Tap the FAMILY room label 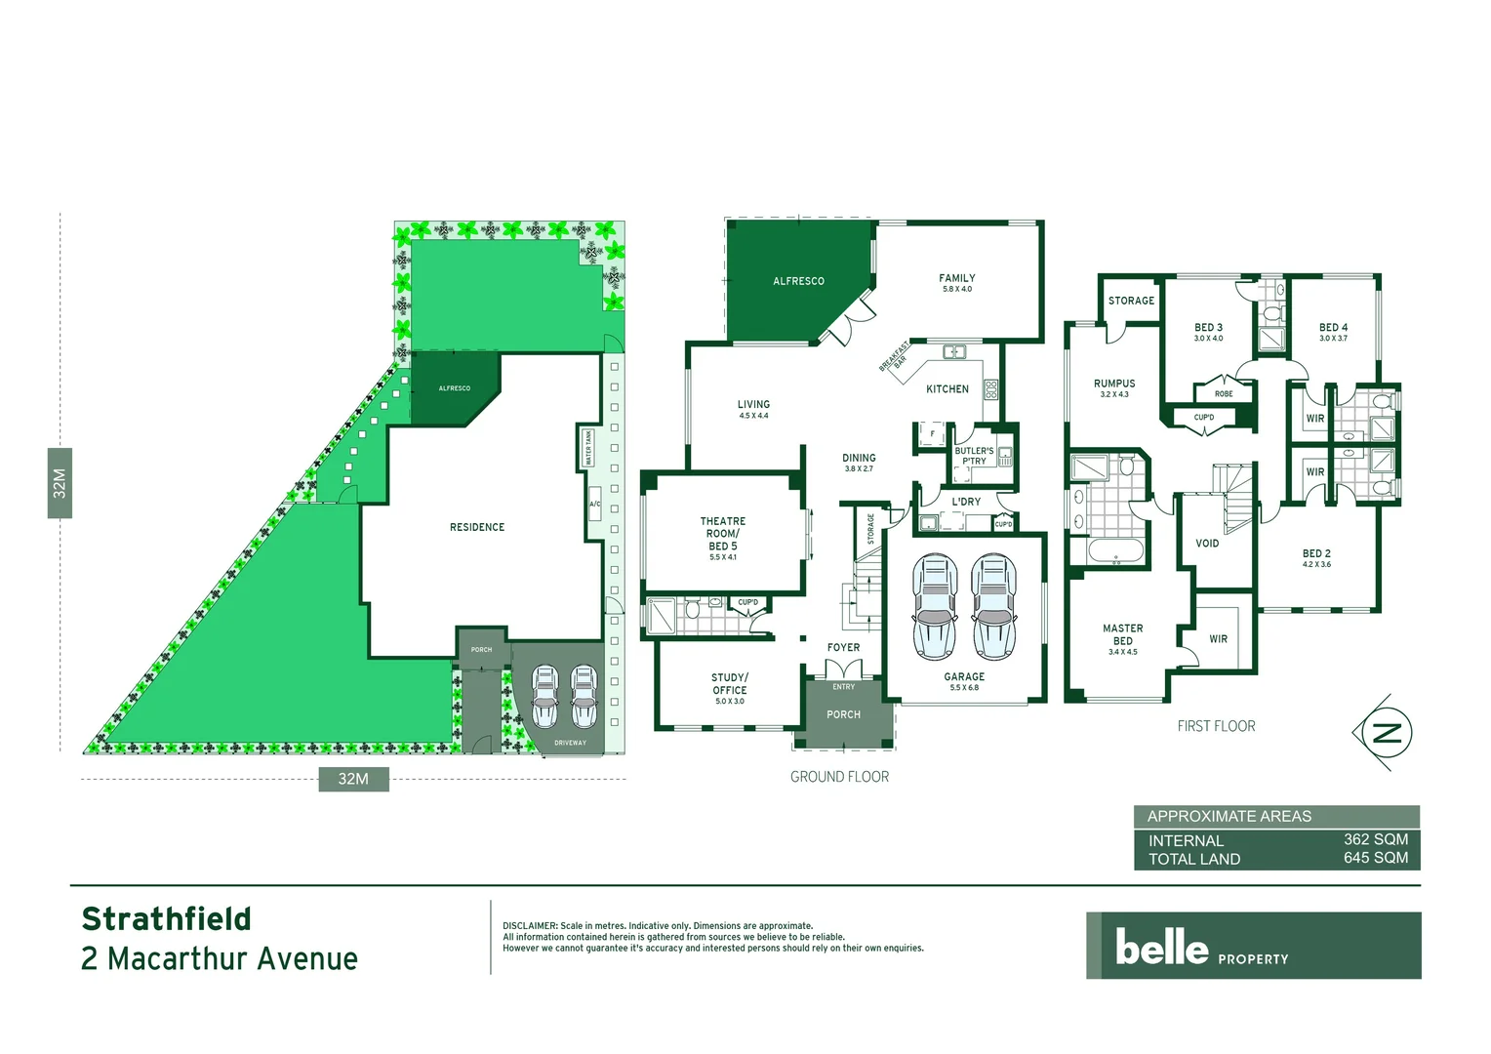tap(956, 279)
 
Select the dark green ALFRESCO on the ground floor tap(798, 281)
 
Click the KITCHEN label tap(947, 389)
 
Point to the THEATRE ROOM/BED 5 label tap(723, 534)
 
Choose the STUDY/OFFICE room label tap(730, 683)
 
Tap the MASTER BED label tap(1123, 635)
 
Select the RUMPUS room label tap(1114, 385)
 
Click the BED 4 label tap(1333, 328)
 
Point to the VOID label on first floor tap(1207, 544)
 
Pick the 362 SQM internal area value tap(1375, 839)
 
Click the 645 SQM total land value tap(1375, 858)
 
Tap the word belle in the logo tap(1161, 947)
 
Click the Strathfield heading tap(167, 919)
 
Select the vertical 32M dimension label tap(60, 483)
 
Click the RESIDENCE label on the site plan tap(477, 528)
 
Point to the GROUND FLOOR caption tap(839, 777)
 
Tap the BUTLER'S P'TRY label tap(974, 456)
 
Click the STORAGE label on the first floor tap(1131, 301)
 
